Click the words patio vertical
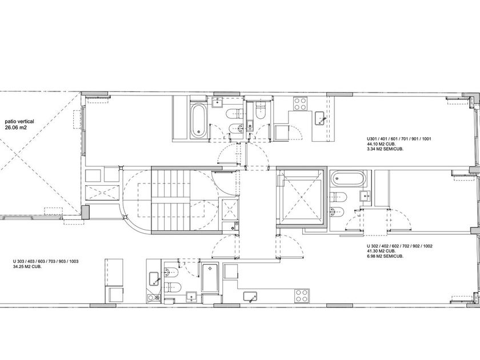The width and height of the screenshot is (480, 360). coord(19,122)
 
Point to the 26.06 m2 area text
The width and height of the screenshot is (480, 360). coord(16,127)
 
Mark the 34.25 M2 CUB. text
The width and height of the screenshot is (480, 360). coord(27,267)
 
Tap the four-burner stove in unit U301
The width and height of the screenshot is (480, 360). coord(300,103)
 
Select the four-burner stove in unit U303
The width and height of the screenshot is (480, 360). coord(302,296)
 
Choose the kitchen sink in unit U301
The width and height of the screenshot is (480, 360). coord(321,118)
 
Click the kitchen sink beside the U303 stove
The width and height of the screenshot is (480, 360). coord(250,297)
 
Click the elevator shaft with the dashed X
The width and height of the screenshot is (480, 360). coord(299,198)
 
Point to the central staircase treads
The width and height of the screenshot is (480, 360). coord(171,200)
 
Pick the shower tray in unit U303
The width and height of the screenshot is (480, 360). coord(210,278)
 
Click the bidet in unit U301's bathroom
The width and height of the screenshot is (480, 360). coord(235,129)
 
